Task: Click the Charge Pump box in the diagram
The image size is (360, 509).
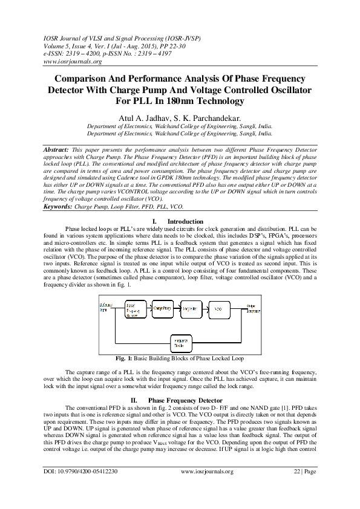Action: coord(163,308)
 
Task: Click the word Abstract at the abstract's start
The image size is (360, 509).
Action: coord(57,148)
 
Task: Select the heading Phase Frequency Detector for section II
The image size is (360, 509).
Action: coord(183,400)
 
